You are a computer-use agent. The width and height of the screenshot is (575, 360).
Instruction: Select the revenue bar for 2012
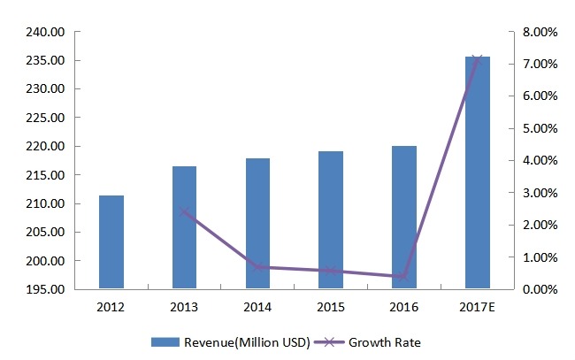(111, 241)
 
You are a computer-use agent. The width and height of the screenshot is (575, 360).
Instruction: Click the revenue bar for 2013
(184, 227)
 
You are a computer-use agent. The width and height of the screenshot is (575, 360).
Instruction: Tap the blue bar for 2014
(257, 223)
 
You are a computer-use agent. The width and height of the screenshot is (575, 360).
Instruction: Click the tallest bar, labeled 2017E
(477, 172)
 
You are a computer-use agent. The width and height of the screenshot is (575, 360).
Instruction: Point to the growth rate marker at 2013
(184, 211)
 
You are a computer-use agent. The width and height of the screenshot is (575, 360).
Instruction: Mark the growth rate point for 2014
(257, 267)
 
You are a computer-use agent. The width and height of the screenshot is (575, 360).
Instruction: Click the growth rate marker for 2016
(404, 277)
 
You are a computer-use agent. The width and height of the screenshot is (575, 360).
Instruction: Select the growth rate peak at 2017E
(477, 59)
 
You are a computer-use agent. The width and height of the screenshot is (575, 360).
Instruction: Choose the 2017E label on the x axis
(477, 307)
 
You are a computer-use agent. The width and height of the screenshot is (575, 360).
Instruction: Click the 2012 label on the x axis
(111, 307)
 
